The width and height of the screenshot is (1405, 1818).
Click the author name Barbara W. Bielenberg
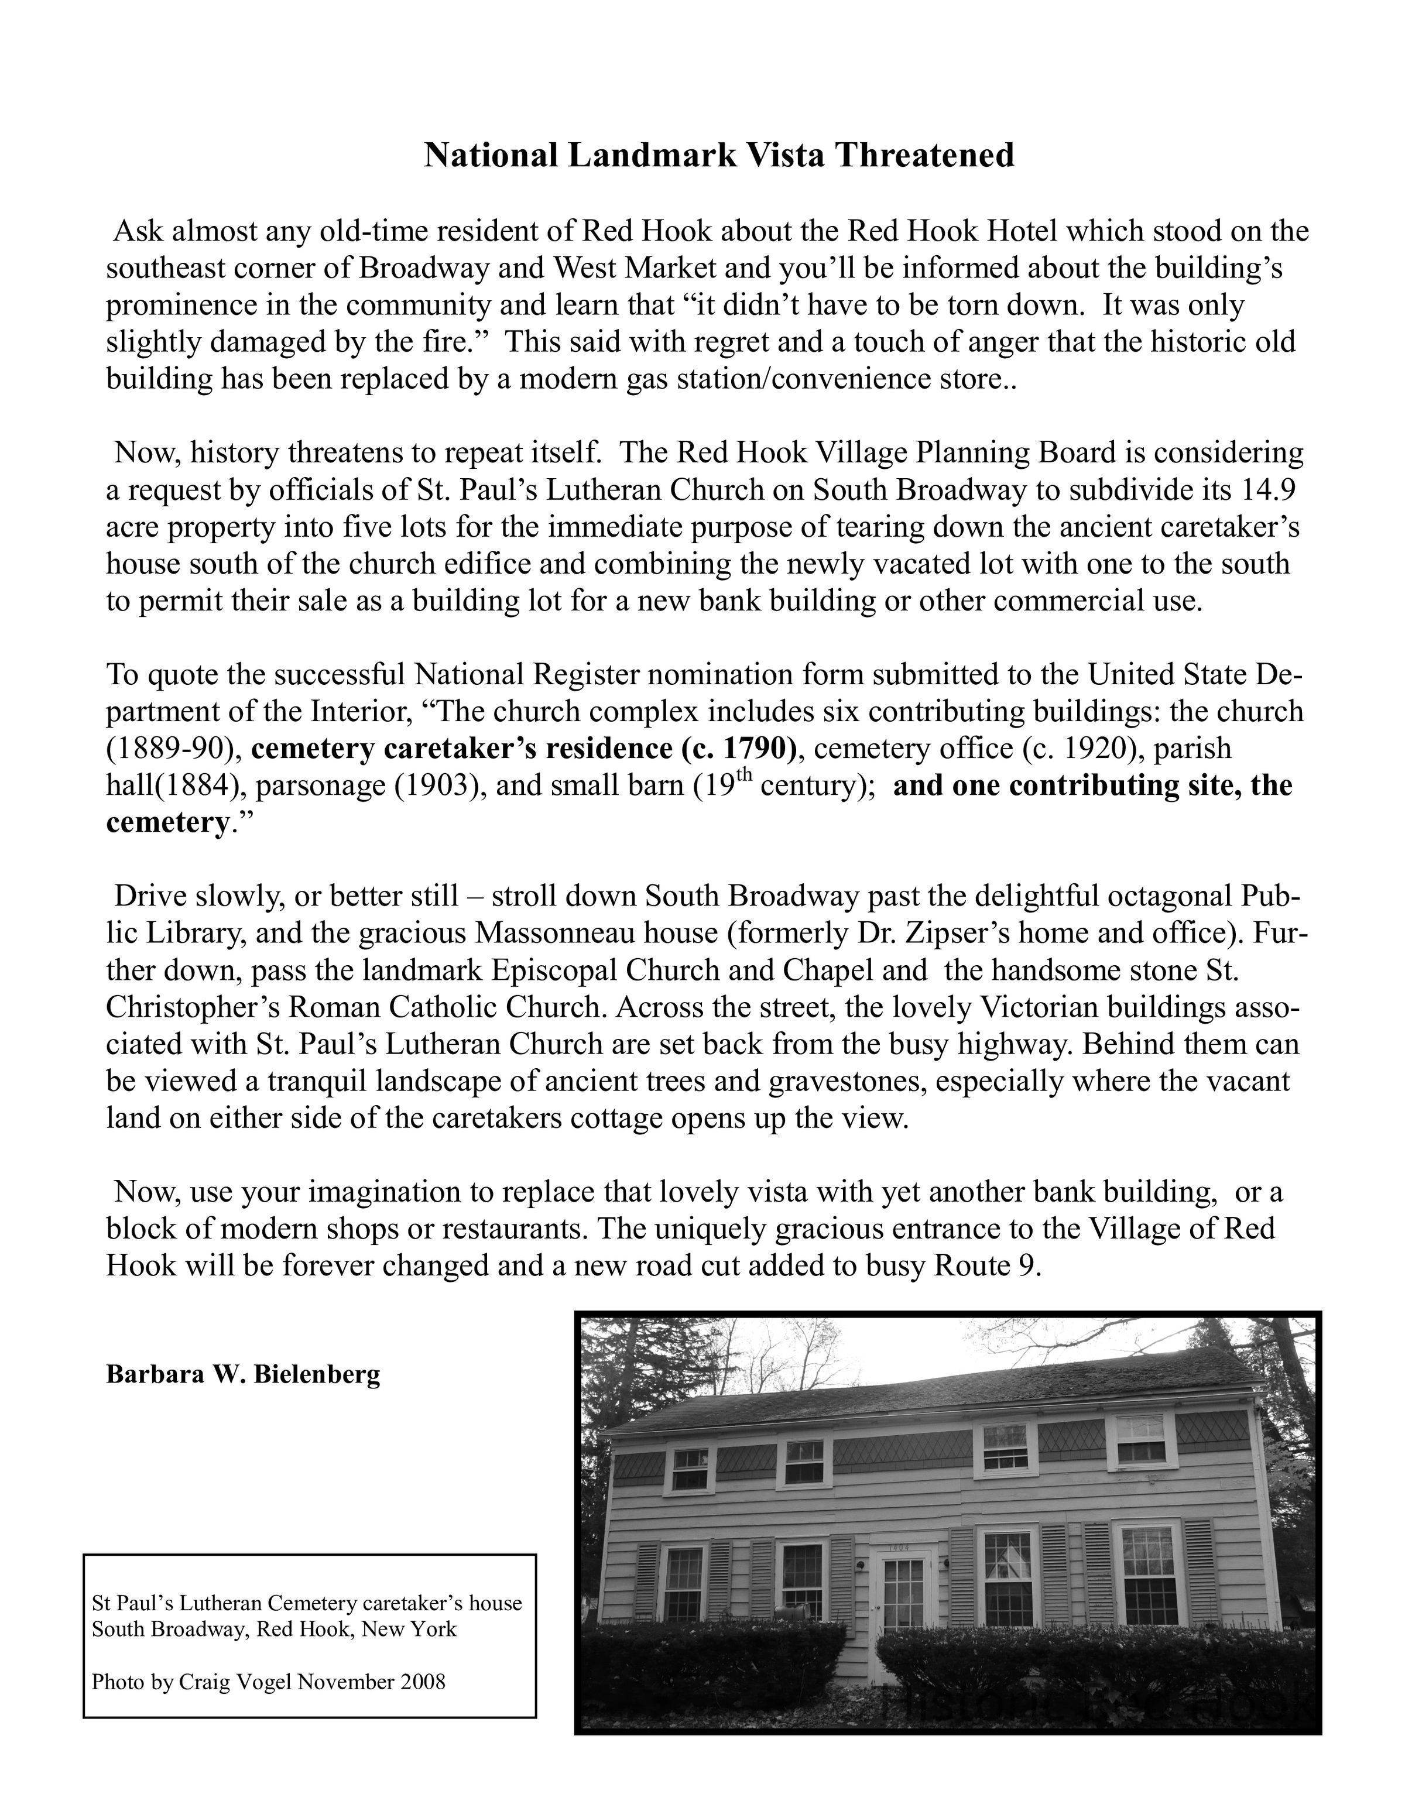click(243, 1374)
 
